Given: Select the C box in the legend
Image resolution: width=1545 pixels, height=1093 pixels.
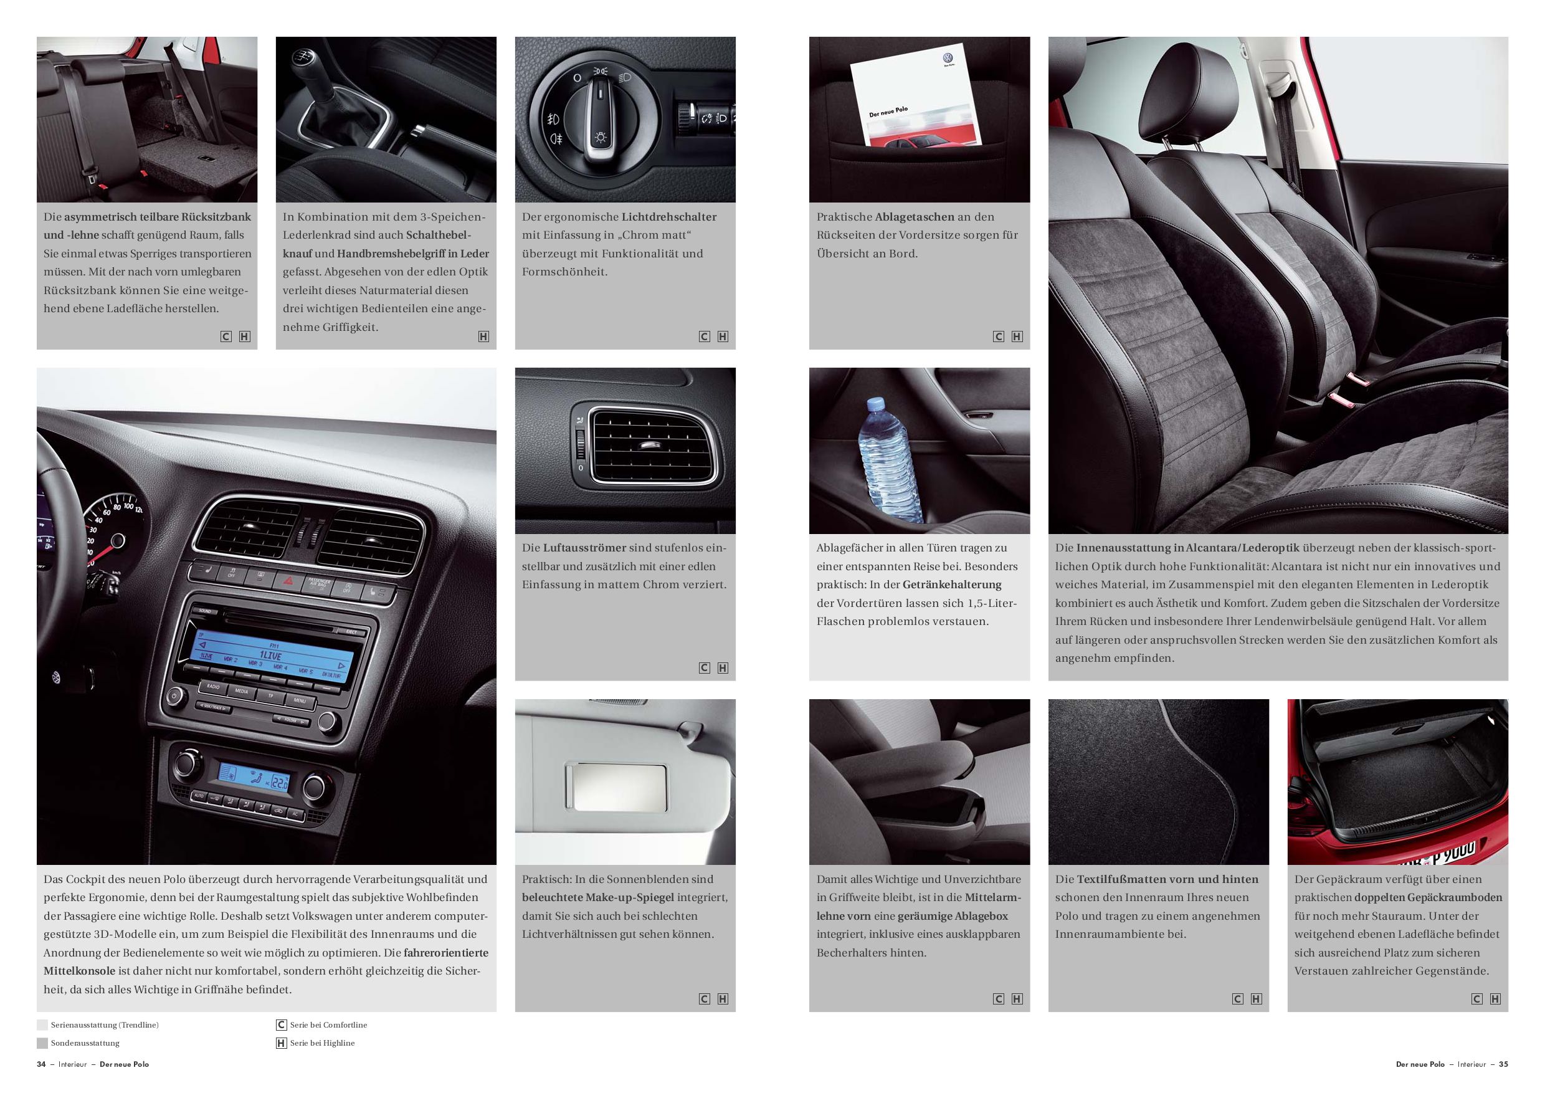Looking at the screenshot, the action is tap(281, 1025).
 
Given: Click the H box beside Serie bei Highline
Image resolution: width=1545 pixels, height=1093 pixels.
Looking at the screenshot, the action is tap(281, 1043).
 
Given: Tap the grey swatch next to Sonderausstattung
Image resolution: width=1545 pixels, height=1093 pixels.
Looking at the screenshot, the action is tap(42, 1043).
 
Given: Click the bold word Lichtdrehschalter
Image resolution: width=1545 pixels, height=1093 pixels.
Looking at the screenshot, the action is tap(669, 217).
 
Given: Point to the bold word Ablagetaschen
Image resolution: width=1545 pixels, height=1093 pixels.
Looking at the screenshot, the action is tap(915, 217).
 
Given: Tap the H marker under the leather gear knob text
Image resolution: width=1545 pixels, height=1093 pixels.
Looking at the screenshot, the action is tap(483, 336).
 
